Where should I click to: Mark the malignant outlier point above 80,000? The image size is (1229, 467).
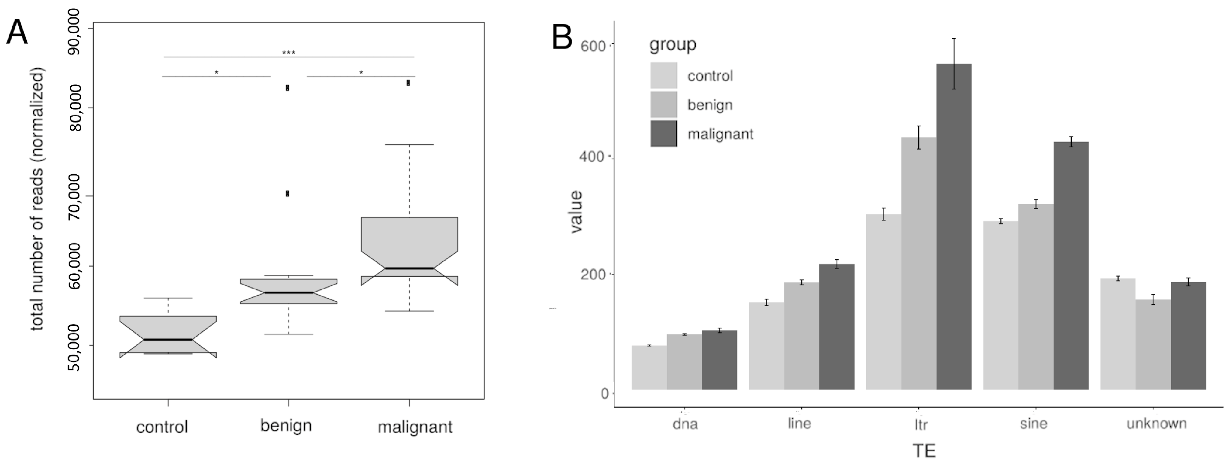(x=408, y=83)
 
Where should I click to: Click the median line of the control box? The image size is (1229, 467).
(x=168, y=340)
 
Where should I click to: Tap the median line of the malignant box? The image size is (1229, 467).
(x=409, y=268)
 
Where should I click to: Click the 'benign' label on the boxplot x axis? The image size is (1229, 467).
(x=286, y=425)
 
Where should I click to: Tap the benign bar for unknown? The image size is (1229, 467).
(x=1153, y=344)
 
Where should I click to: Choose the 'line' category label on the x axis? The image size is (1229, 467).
(x=799, y=424)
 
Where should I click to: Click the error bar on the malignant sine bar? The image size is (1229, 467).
(x=1071, y=141)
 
